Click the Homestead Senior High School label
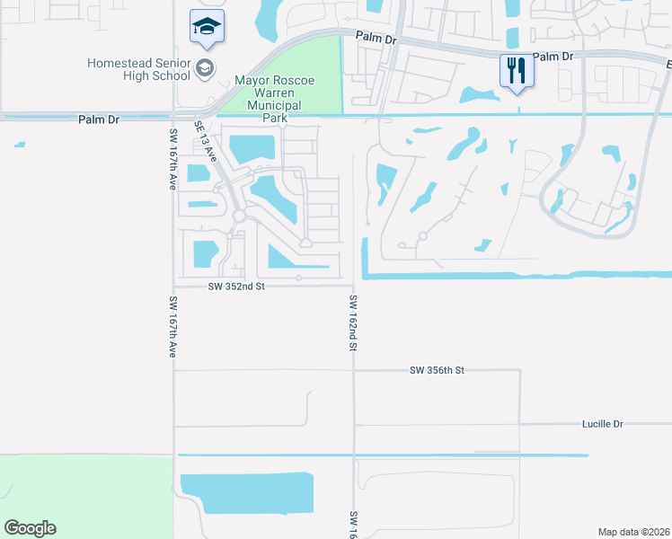click(139, 69)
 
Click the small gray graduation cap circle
click(205, 67)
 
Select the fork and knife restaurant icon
click(516, 71)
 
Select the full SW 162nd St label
click(354, 323)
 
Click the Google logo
click(30, 528)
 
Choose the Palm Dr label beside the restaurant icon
click(553, 57)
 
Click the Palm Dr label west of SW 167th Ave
click(99, 119)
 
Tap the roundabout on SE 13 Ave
click(239, 216)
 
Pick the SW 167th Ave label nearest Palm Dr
click(173, 158)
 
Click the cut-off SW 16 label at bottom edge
click(354, 524)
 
